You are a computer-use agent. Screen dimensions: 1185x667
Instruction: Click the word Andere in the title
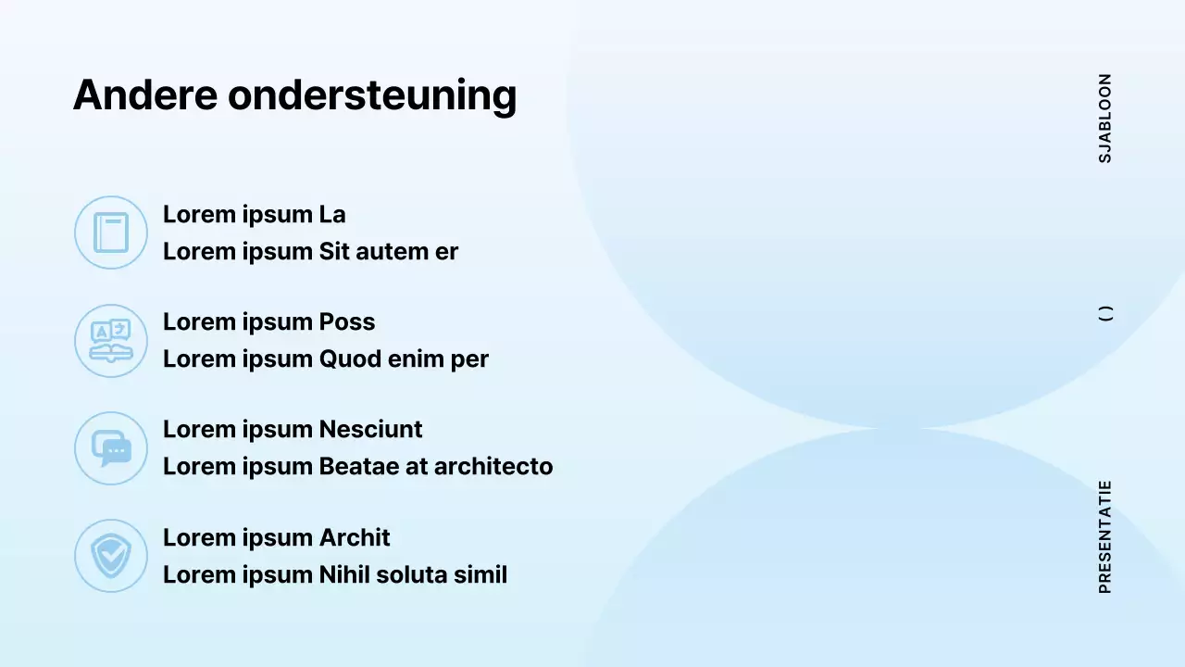pos(145,94)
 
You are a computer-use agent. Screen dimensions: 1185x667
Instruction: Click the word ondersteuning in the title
pos(372,97)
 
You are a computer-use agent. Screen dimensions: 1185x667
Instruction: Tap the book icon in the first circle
pos(111,233)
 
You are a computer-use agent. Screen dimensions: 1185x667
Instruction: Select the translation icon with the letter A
pos(111,340)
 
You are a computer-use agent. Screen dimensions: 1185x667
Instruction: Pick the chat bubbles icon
pos(111,448)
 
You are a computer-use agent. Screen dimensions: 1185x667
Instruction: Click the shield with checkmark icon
pos(111,556)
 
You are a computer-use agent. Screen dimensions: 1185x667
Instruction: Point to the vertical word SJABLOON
pos(1105,119)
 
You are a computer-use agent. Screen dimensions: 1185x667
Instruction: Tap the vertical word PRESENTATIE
pos(1105,537)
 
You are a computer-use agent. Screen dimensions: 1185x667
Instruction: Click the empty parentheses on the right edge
pos(1105,313)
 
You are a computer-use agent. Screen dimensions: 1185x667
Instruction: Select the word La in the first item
pos(332,214)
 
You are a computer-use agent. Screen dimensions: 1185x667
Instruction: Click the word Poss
pos(347,321)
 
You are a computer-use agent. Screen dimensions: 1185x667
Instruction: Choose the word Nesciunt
pos(371,429)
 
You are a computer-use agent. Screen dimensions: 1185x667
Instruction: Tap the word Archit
pos(355,538)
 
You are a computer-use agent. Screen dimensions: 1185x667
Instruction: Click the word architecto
pos(493,466)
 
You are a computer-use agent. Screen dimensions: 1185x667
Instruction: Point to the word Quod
pos(350,359)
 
